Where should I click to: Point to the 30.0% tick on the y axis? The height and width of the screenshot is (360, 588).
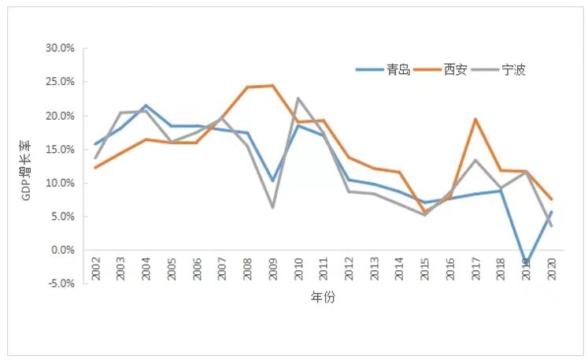coord(60,48)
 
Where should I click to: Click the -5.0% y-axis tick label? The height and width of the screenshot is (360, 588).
coord(61,284)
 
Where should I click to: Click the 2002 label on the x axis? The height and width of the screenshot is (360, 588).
coord(95,267)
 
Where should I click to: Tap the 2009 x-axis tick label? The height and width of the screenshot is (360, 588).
coord(273,267)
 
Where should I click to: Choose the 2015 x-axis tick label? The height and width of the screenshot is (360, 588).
coord(425,267)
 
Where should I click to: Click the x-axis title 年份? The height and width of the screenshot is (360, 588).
coord(323,299)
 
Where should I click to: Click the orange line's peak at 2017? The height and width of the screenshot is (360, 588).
coord(475,119)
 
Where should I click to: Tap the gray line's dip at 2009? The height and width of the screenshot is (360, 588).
coord(273,207)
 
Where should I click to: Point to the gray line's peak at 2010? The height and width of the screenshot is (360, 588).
coord(298,98)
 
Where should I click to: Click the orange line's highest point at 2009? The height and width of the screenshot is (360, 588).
coord(273,86)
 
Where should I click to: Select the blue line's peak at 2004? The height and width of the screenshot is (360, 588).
coord(146,106)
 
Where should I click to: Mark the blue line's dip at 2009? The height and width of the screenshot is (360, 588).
coord(273,181)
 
